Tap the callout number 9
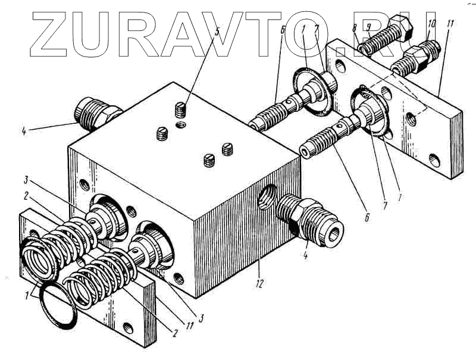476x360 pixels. pos(368,27)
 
